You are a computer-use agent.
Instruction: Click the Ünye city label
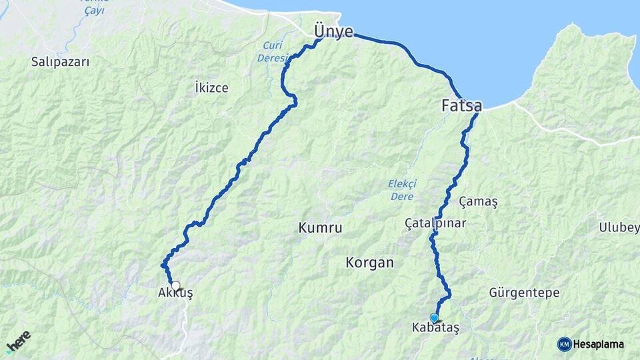(x=334, y=31)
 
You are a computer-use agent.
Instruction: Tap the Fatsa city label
(x=462, y=105)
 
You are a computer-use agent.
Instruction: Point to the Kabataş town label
(x=435, y=328)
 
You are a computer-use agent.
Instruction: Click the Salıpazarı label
(x=60, y=61)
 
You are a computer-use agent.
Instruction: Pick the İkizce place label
(x=211, y=87)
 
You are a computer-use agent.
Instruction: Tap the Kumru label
(x=321, y=228)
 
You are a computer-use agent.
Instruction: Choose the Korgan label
(x=369, y=263)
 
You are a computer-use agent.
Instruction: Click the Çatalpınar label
(x=435, y=223)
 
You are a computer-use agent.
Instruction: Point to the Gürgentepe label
(x=524, y=293)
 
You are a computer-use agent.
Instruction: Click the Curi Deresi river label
(x=272, y=52)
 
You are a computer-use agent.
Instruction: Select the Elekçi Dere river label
(x=401, y=190)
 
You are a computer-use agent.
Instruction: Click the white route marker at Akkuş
(x=175, y=285)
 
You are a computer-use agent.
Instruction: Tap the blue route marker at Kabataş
(x=435, y=318)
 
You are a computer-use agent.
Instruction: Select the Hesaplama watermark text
(x=599, y=344)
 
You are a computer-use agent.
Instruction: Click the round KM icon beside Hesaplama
(x=564, y=344)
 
